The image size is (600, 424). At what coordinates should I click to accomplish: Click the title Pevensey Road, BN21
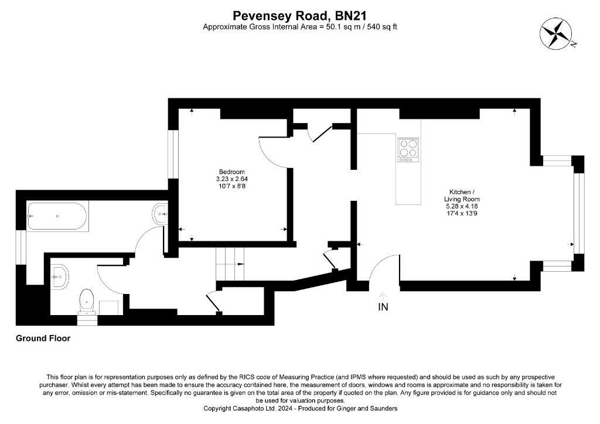click(299, 16)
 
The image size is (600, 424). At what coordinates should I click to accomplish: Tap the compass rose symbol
click(556, 35)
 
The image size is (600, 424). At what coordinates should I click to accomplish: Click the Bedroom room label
click(231, 172)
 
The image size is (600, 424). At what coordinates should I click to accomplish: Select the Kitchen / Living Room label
click(462, 196)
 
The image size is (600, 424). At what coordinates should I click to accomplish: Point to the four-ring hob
click(408, 149)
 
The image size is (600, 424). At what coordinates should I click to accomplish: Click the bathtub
click(57, 216)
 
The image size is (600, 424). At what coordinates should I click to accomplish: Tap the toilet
click(87, 302)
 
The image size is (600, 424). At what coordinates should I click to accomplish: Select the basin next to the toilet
click(60, 276)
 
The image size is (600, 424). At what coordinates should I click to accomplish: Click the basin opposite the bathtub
click(160, 215)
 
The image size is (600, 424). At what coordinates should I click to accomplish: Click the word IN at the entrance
click(383, 307)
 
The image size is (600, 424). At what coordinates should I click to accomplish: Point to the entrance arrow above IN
click(383, 296)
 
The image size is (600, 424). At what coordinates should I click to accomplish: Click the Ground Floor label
click(43, 338)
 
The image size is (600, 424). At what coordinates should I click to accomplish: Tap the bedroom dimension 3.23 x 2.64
click(231, 179)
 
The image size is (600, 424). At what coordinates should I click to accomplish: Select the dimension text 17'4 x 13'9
click(462, 213)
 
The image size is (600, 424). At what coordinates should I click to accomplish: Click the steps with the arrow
click(230, 264)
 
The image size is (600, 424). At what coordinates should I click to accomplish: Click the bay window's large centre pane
click(578, 214)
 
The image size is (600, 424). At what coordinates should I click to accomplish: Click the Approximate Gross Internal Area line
click(299, 27)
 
